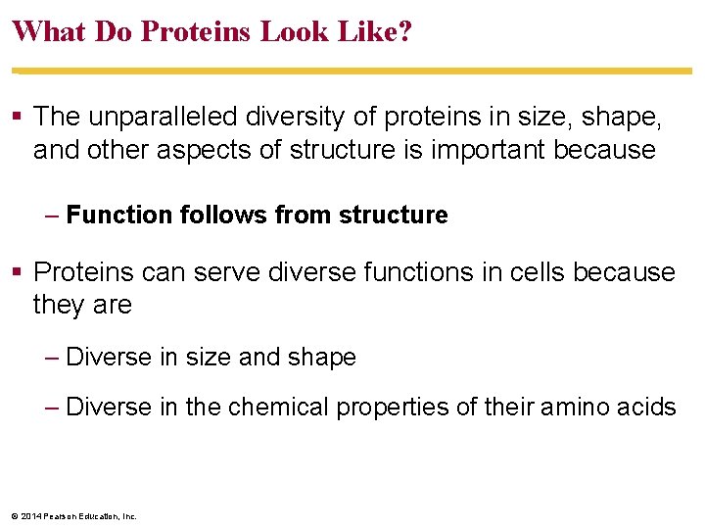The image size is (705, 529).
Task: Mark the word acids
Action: point(647,406)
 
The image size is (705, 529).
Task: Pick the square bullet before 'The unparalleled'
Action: point(19,117)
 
